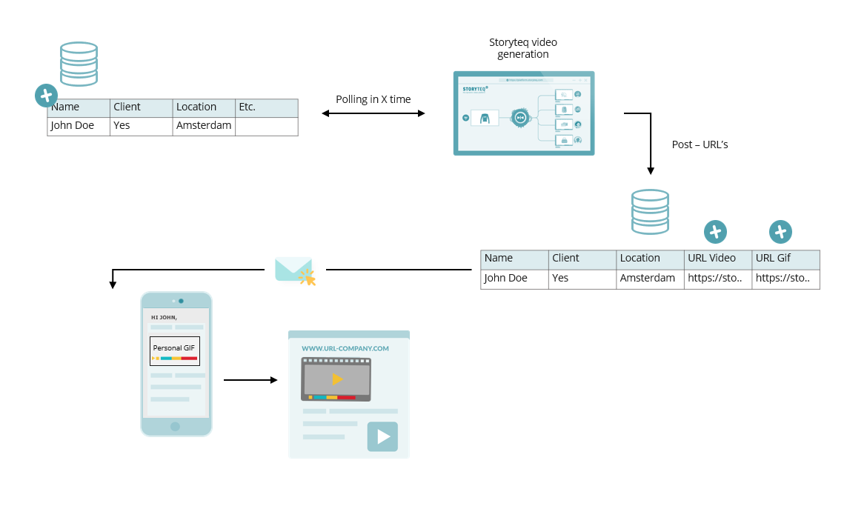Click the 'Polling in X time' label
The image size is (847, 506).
(373, 99)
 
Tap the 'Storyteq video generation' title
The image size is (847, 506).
(523, 48)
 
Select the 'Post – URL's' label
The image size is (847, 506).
(700, 144)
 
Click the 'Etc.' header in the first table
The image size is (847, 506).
(248, 107)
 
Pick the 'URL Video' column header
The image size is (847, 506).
(711, 259)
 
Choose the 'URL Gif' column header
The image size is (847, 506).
(774, 259)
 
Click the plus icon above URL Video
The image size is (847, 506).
(715, 232)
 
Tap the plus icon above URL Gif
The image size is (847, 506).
(780, 232)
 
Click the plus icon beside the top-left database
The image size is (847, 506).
(46, 96)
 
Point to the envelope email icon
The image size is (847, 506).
(293, 270)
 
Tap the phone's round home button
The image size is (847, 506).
(175, 426)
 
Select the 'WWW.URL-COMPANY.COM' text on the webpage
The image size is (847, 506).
(345, 348)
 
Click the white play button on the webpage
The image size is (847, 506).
(382, 436)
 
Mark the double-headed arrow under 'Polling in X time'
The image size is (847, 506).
(373, 113)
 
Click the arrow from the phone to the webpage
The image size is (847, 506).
(250, 380)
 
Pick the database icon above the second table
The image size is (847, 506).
(650, 212)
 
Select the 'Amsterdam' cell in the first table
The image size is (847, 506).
(204, 126)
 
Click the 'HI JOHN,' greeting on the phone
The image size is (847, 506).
(164, 318)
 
